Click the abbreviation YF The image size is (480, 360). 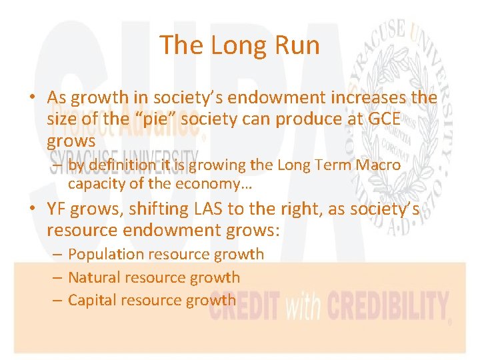[59, 209]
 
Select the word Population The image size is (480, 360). [105, 254]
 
